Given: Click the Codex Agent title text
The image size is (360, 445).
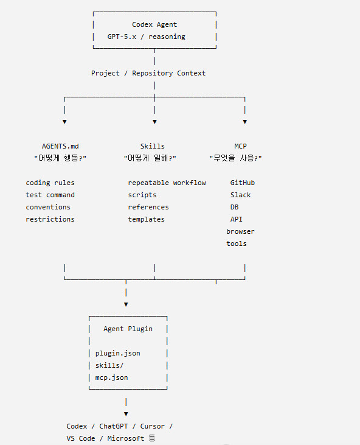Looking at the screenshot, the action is tap(154, 25).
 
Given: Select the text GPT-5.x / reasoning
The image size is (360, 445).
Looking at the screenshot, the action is tap(147, 37).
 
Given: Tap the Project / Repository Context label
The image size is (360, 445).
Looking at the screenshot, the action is tap(148, 73).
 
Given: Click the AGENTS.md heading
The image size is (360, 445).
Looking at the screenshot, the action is tap(60, 146).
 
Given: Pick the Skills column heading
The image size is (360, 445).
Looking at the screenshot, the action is tap(153, 146).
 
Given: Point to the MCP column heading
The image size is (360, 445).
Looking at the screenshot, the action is tap(240, 146).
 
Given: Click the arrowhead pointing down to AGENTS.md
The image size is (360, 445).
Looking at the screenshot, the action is tap(64, 122).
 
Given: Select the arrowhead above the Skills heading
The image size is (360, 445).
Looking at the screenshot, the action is tap(154, 122).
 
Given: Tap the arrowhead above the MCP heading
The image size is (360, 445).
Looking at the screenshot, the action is tap(245, 122).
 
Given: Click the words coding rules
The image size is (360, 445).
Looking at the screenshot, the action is tap(50, 183).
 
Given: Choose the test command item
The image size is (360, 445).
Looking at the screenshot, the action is tap(50, 195).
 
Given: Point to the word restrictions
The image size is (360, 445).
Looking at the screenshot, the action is tap(50, 219).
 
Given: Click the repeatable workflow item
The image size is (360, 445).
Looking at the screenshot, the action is tap(167, 183).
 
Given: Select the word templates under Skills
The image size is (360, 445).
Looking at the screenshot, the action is tap(147, 219).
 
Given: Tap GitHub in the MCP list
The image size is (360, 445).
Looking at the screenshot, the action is tap(243, 183).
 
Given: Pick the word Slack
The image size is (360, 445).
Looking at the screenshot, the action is tap(240, 195).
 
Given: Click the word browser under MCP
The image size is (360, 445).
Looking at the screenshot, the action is tap(240, 231).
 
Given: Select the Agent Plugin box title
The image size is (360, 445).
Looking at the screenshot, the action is tap(128, 329).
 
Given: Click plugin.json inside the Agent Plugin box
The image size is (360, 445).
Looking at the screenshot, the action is tap(117, 353).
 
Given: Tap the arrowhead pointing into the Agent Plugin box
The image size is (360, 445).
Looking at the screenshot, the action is tap(126, 304).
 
